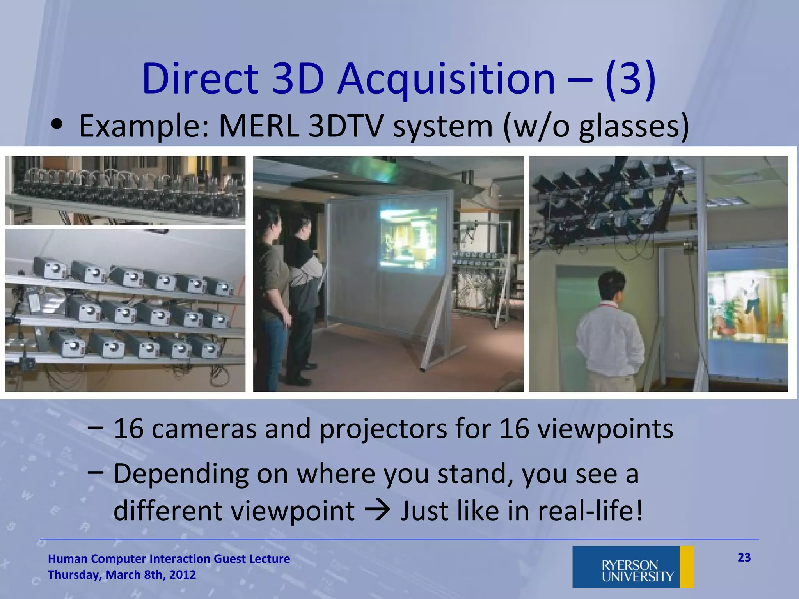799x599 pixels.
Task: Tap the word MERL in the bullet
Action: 259,126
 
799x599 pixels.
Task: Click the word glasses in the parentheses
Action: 628,127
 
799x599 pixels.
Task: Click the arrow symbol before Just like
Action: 377,511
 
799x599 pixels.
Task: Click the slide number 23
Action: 744,558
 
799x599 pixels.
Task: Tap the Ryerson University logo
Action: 633,567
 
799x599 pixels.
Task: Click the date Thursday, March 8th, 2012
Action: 122,575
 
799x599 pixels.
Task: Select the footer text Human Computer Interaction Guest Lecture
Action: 169,559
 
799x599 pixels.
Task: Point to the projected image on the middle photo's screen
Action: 409,239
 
